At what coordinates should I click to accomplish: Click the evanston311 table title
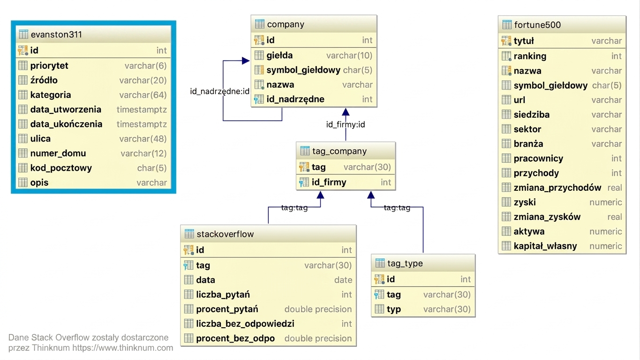coord(56,35)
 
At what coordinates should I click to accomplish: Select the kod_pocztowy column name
coord(61,168)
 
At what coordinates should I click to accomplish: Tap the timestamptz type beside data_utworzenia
coord(142,110)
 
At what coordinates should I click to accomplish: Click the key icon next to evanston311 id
coord(23,51)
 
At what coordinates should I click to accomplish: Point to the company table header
coord(314,24)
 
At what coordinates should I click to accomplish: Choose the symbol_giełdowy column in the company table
coord(303,70)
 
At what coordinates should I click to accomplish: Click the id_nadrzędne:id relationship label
coord(219,91)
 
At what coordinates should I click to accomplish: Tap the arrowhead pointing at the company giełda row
coord(246,60)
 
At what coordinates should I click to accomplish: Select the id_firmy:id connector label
coord(346,125)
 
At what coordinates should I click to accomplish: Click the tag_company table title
coord(339,151)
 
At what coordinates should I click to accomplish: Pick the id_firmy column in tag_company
coord(329,182)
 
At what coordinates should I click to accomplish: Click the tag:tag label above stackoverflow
coord(294,208)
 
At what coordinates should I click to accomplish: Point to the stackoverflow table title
coord(225,234)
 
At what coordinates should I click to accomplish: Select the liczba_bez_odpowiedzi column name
coord(245,324)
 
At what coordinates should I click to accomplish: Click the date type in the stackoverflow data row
coord(343,280)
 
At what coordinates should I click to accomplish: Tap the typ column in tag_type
coord(394,309)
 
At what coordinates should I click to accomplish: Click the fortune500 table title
coord(537,25)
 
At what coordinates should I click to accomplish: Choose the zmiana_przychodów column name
coord(557,187)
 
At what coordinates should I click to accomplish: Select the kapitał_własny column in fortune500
coord(545,246)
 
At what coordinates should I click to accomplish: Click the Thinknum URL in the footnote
coord(122,348)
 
